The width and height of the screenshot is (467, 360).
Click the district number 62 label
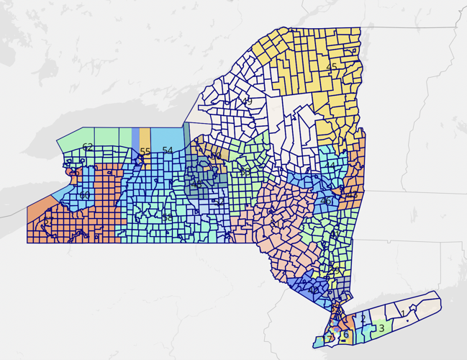click(87, 148)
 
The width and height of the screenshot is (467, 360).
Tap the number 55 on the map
click(145, 152)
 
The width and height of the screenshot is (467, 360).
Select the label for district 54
click(168, 150)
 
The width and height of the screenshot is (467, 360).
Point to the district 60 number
click(85, 195)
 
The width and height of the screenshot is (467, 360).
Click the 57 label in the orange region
click(47, 222)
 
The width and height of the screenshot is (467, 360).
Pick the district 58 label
click(167, 217)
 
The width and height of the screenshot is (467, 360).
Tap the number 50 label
click(216, 156)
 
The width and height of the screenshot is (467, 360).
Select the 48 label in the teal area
click(196, 184)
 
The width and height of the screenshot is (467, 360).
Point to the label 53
click(245, 172)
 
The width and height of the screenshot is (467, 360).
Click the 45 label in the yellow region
click(332, 67)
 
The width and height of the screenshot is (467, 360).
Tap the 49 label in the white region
click(247, 102)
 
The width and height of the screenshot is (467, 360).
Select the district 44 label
click(329, 166)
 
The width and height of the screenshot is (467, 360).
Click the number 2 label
click(363, 318)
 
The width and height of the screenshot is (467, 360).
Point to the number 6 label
click(345, 334)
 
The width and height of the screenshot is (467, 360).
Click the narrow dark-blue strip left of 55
click(135, 138)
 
